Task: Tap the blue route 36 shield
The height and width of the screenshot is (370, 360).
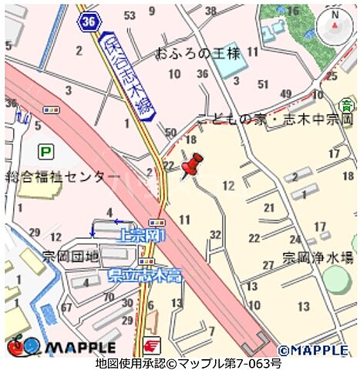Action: click(x=89, y=22)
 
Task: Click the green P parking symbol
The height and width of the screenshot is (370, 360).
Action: click(x=46, y=152)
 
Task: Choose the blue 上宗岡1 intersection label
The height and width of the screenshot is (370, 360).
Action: click(x=140, y=235)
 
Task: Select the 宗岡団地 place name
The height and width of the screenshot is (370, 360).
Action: click(x=70, y=255)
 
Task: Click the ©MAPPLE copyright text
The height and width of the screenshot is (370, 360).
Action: click(x=313, y=349)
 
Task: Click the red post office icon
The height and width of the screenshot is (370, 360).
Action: click(x=150, y=346)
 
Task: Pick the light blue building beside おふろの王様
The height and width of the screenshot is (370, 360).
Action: click(x=225, y=65)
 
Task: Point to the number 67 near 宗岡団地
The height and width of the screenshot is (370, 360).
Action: click(x=66, y=308)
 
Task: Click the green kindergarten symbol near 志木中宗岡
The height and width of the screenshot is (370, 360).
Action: click(x=346, y=103)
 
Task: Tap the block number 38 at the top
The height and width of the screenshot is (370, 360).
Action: click(x=210, y=11)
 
